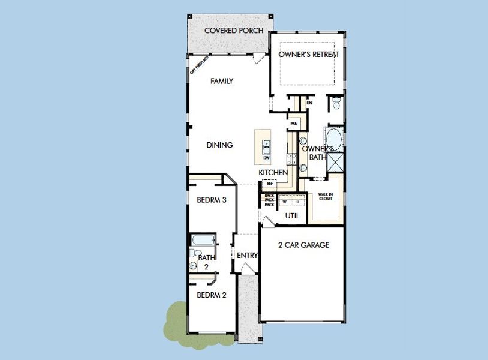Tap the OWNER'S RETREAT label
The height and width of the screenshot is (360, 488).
pyautogui.click(x=309, y=55)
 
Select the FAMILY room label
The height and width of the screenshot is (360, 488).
pyautogui.click(x=221, y=82)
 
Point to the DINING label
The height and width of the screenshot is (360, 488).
pyautogui.click(x=219, y=145)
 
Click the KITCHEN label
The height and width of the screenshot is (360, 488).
pyautogui.click(x=273, y=173)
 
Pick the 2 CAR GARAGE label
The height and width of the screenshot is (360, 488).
pyautogui.click(x=303, y=245)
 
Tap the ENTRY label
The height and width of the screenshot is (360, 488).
pyautogui.click(x=247, y=256)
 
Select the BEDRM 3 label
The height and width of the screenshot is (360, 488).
pyautogui.click(x=211, y=200)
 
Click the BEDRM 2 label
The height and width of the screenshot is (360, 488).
pyautogui.click(x=211, y=295)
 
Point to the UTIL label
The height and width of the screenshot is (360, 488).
pyautogui.click(x=292, y=215)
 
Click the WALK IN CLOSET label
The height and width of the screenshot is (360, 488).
pyautogui.click(x=325, y=196)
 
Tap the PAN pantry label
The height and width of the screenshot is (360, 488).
pyautogui.click(x=294, y=124)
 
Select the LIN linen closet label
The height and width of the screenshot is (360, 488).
pyautogui.click(x=309, y=103)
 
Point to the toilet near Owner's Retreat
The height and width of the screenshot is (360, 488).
pyautogui.click(x=336, y=104)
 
